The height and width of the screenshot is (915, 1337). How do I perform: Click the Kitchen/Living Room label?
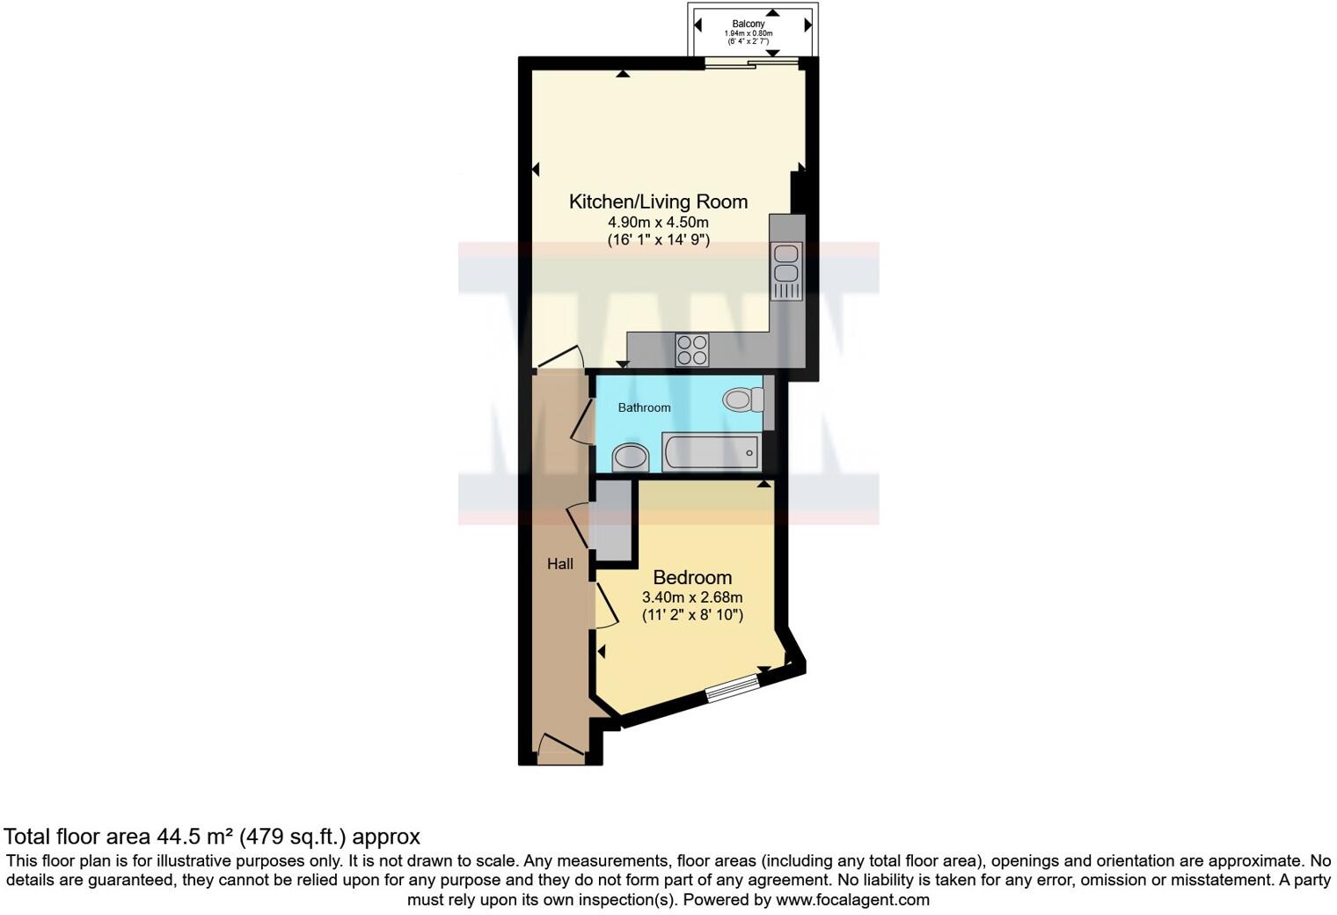(x=658, y=201)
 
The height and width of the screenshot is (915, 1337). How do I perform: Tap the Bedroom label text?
(x=692, y=578)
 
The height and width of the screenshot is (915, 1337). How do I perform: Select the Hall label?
(x=560, y=564)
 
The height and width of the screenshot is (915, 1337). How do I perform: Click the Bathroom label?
(x=644, y=407)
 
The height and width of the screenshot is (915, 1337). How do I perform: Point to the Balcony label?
(x=748, y=24)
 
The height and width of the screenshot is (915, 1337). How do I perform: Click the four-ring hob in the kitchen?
(x=691, y=350)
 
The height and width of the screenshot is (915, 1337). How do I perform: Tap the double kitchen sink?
(x=785, y=265)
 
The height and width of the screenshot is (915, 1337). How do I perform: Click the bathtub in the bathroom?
(x=711, y=453)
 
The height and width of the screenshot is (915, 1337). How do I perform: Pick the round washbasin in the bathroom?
(x=630, y=457)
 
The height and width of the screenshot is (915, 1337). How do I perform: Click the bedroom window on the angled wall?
(x=733, y=687)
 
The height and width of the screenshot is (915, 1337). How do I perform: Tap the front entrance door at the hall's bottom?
(x=559, y=750)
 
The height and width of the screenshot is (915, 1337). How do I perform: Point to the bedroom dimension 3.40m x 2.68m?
(x=692, y=597)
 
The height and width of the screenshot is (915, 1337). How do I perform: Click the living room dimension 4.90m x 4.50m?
(x=658, y=222)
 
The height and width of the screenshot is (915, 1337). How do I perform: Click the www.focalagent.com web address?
(x=852, y=899)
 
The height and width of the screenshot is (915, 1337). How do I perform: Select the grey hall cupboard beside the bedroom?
(x=610, y=520)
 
